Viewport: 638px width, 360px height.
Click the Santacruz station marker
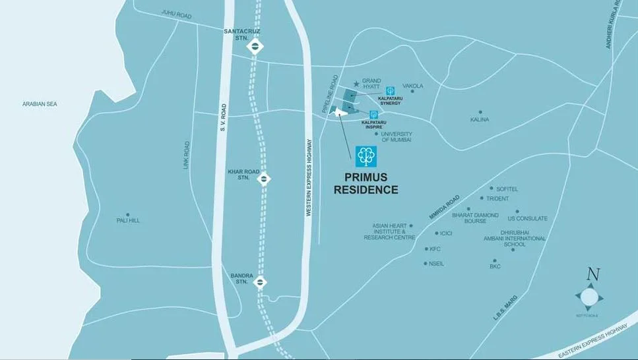coord(255,46)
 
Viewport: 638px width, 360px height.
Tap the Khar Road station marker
coord(263,177)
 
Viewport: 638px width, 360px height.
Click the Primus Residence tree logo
coord(366,156)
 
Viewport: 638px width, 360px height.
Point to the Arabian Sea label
coord(40,104)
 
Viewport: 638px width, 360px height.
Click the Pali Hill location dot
coord(128,214)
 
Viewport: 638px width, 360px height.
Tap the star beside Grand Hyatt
coord(357,84)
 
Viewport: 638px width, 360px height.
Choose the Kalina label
coord(480,119)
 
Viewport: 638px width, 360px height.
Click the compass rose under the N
coord(589,297)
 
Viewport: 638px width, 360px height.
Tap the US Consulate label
coord(527,218)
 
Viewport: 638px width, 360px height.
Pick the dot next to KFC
coord(426,249)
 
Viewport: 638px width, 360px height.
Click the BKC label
coord(495,266)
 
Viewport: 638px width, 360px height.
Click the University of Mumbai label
coord(396,137)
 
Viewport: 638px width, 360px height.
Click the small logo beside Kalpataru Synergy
coord(391,90)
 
